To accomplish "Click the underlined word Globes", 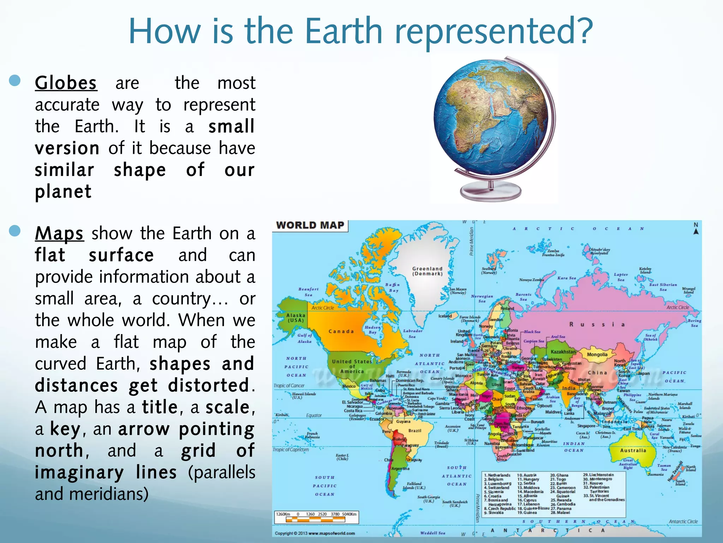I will pyautogui.click(x=66, y=83).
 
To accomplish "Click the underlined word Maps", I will pyautogui.click(x=59, y=234).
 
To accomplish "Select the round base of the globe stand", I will pyautogui.click(x=491, y=191).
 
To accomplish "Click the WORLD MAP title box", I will pyautogui.click(x=310, y=226).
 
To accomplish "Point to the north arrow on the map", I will pyautogui.click(x=696, y=229).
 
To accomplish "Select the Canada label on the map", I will pyautogui.click(x=341, y=332).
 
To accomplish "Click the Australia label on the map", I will pyautogui.click(x=633, y=451).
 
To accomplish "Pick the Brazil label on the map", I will pyautogui.click(x=415, y=431).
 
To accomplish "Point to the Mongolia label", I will pyautogui.click(x=597, y=355).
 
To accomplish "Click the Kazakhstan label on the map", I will pyautogui.click(x=563, y=352).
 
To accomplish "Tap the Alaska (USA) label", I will pyautogui.click(x=296, y=318).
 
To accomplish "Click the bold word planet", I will pyautogui.click(x=63, y=192).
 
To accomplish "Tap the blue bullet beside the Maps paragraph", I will pyautogui.click(x=15, y=231).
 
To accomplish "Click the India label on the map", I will pyautogui.click(x=569, y=388).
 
